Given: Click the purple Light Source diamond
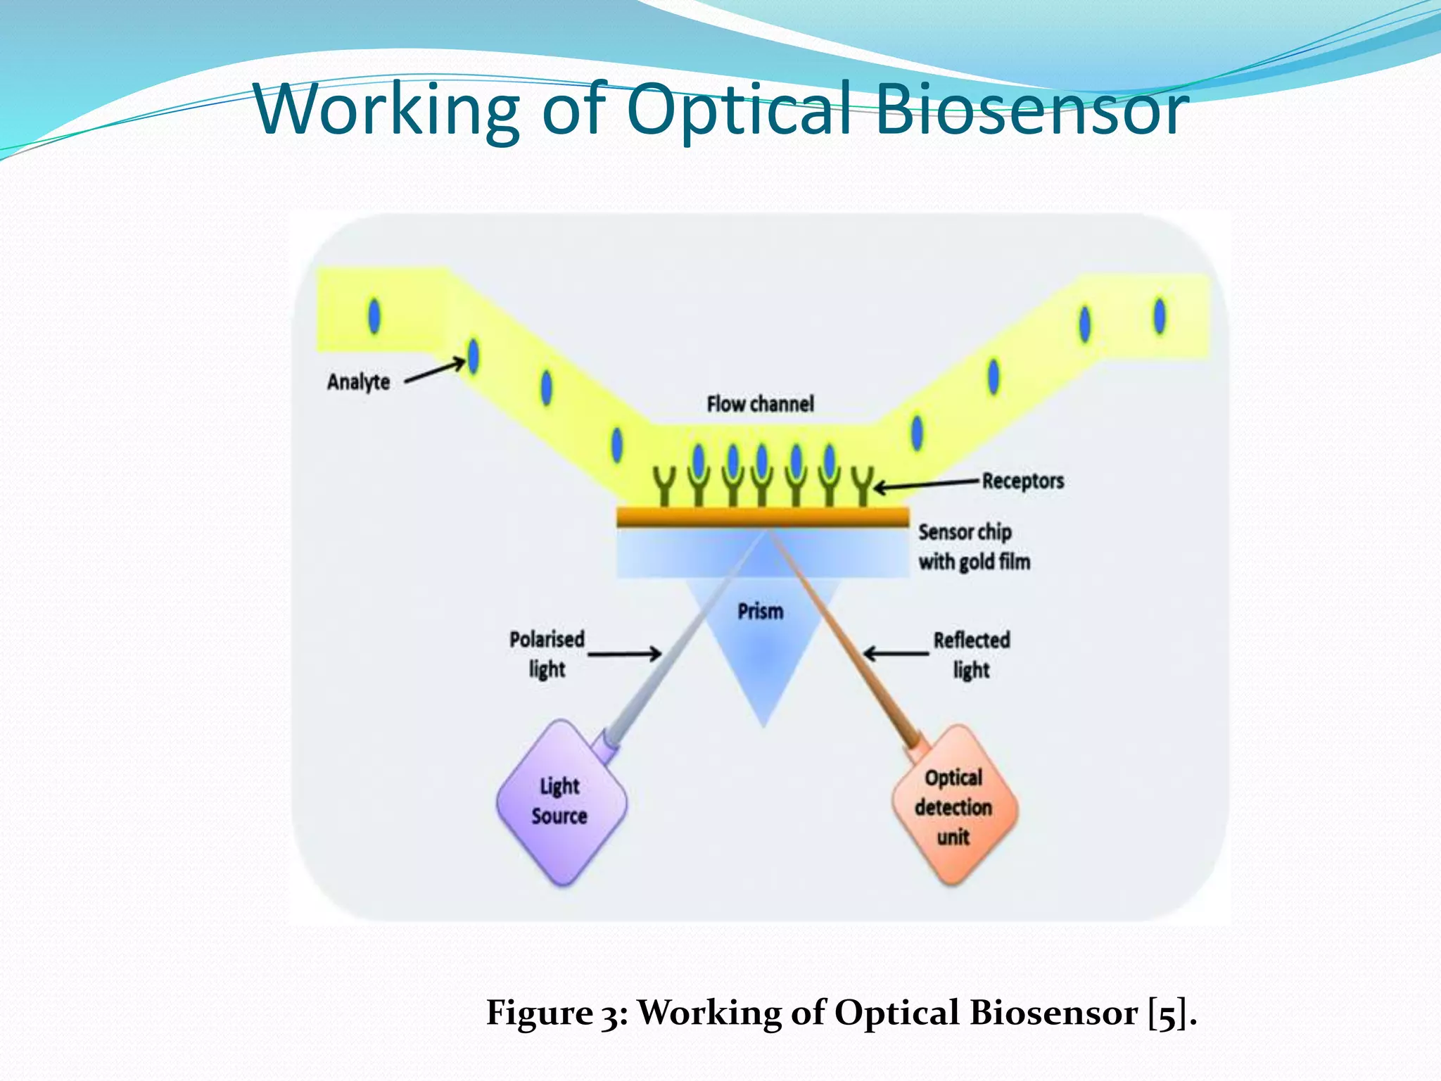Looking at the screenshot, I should coord(561,802).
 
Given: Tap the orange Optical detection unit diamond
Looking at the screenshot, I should coord(954,807).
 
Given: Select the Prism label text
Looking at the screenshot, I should coord(760,611).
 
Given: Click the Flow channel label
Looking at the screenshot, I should coord(760,404).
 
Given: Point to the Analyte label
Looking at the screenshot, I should coord(358,382).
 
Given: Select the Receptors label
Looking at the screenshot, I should coord(1022,481).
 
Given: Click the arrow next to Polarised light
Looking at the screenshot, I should coord(624,654).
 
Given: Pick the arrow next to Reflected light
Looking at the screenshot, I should coord(896,654).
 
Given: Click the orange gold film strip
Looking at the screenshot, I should coord(763,517).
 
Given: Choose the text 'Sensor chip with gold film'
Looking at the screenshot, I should coord(974,547).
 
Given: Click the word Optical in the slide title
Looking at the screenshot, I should coord(746,109).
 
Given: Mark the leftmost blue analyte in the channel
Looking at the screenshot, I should coord(374,316).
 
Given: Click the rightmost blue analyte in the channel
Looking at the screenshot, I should coord(1160,315).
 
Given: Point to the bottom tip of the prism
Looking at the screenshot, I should coord(763,723).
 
